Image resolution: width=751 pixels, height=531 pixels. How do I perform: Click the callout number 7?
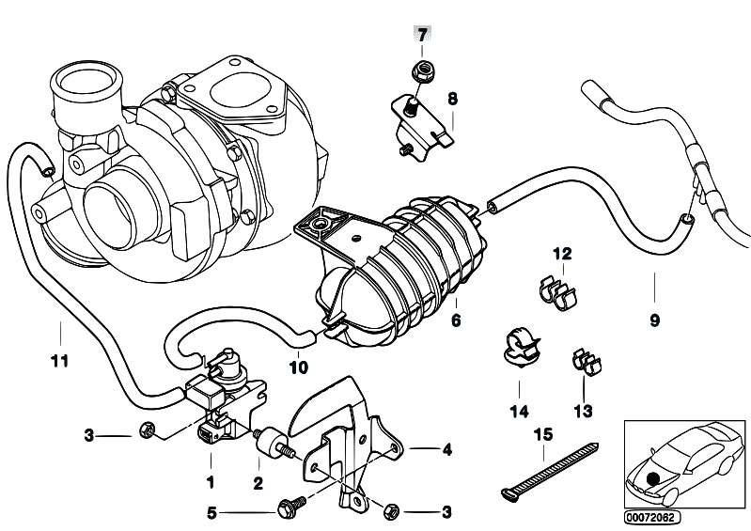(x=423, y=35)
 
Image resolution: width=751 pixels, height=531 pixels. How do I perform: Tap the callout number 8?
(x=452, y=98)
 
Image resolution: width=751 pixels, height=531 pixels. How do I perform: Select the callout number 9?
(x=654, y=320)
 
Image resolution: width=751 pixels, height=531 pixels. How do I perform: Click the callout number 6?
(x=457, y=320)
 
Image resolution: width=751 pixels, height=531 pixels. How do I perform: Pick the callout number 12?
(x=561, y=255)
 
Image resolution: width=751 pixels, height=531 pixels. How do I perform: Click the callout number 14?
(x=519, y=411)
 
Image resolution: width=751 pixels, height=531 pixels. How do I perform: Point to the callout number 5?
(x=211, y=512)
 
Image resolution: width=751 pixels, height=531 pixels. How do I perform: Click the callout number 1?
(x=211, y=483)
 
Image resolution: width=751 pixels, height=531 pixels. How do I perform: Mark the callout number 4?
(x=447, y=450)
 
